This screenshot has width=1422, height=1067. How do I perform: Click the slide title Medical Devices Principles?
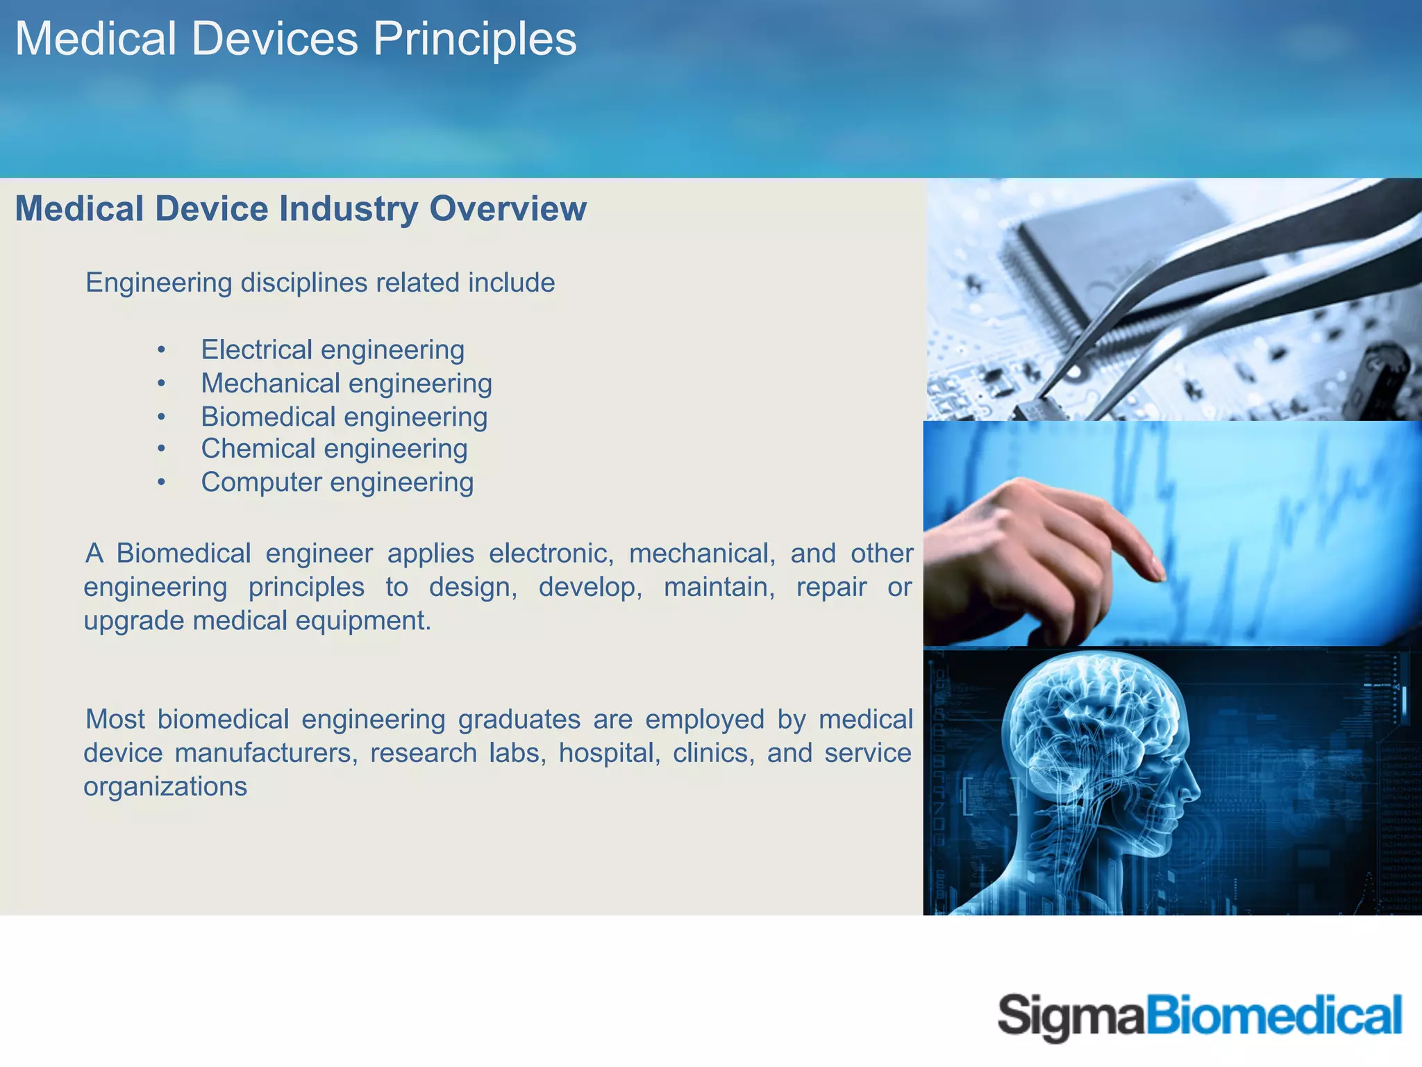296,39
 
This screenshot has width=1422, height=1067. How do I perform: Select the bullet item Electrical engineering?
333,349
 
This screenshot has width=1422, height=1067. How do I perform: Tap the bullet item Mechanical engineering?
346,383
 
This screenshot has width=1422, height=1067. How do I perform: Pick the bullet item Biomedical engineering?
344,417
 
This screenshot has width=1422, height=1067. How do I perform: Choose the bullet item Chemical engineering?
334,449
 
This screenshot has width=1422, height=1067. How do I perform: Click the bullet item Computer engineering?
337,482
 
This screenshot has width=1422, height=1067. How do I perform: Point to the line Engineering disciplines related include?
320,283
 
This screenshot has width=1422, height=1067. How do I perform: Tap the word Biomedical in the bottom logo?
1273,1016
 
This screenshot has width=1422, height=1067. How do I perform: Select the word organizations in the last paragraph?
165,787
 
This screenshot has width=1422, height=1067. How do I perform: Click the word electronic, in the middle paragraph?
551,554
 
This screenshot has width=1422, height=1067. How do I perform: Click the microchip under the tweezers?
1083,257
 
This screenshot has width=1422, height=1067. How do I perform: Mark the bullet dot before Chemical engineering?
161,449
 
